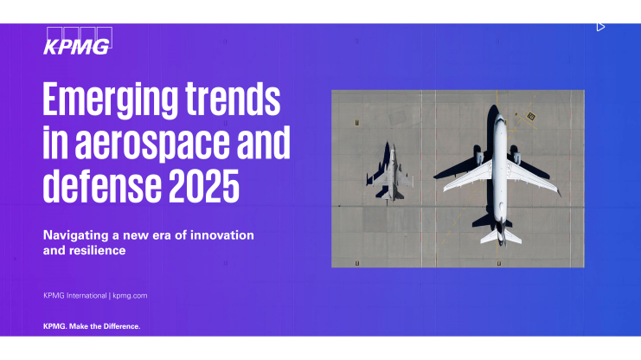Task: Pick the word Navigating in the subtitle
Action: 77,235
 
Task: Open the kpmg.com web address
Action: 130,296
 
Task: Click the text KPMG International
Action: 75,296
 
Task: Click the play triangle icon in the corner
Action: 600,27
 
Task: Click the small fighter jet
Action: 390,173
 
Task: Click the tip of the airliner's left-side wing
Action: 446,190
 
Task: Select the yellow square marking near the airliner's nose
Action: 531,116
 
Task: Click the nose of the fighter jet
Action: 391,147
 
